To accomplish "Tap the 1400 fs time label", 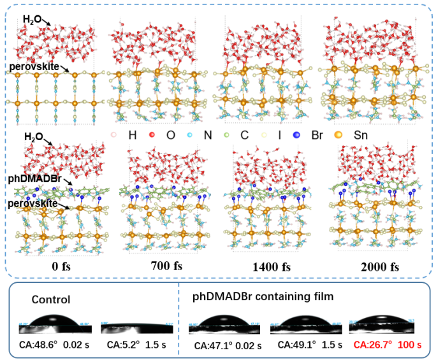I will (259, 266).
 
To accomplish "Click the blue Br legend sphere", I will (296, 134).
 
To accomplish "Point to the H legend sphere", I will (114, 134).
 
